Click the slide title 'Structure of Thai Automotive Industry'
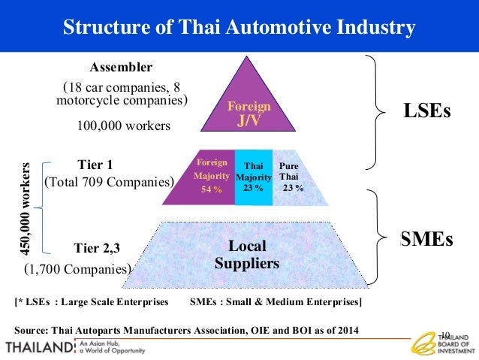(239, 28)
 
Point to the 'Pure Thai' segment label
(288, 169)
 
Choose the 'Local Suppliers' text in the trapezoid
(247, 255)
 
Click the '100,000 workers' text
(124, 126)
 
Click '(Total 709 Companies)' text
(110, 181)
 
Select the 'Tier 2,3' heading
(98, 248)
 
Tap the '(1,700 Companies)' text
(77, 268)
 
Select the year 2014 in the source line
(346, 330)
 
